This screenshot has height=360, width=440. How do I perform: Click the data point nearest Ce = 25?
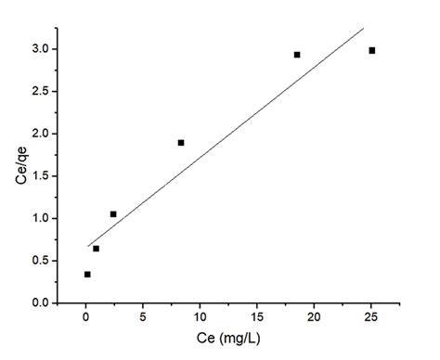click(x=371, y=50)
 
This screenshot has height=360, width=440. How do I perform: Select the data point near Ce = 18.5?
click(x=297, y=55)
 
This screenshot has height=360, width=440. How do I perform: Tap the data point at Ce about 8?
click(x=181, y=142)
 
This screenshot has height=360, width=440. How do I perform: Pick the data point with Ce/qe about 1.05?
click(x=113, y=214)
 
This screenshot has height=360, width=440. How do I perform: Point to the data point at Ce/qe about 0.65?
click(x=96, y=249)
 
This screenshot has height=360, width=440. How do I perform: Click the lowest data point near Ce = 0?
click(x=87, y=275)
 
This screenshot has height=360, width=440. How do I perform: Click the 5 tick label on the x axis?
click(x=143, y=317)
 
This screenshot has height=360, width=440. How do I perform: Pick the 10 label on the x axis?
click(x=200, y=317)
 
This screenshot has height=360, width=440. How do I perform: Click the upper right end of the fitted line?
click(x=363, y=29)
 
